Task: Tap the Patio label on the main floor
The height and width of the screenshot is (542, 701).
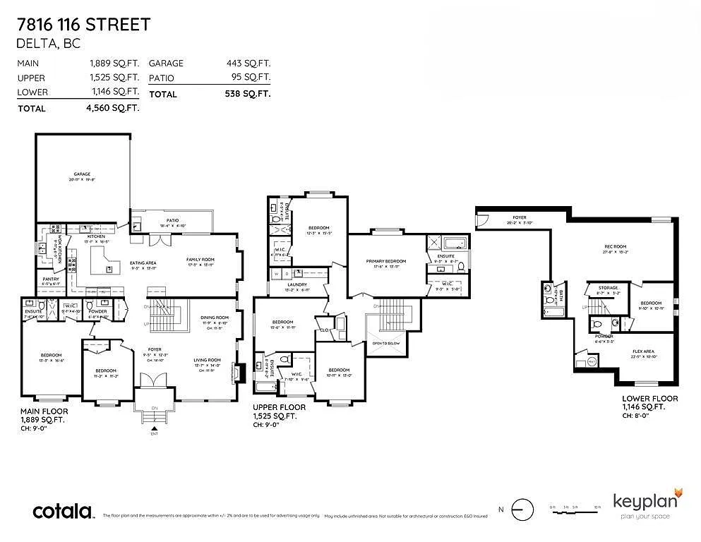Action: [x=172, y=220]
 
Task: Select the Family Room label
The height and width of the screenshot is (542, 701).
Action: [x=200, y=260]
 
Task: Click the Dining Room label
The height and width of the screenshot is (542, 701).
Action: [x=215, y=318]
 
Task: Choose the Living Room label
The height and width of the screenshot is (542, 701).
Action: [x=208, y=360]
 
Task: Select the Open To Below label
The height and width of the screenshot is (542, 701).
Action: [x=385, y=343]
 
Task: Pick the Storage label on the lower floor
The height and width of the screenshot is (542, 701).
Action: [x=608, y=288]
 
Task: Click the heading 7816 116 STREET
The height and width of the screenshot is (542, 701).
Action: [x=83, y=25]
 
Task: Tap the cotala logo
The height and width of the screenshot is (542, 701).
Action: [x=64, y=512]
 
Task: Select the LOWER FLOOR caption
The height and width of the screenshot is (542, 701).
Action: [x=649, y=399]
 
